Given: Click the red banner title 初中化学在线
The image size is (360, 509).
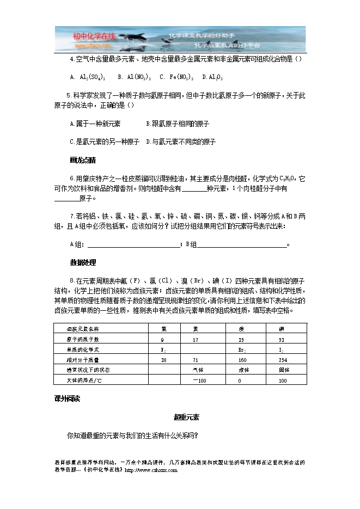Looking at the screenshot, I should tap(94, 36).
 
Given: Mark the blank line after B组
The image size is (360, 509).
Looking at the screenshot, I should tap(242, 244).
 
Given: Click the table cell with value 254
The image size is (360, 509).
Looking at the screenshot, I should tap(283, 360).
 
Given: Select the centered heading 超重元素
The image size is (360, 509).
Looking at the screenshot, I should tap(186, 418).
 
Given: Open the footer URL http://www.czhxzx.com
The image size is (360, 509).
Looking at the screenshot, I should tap(151, 470).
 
